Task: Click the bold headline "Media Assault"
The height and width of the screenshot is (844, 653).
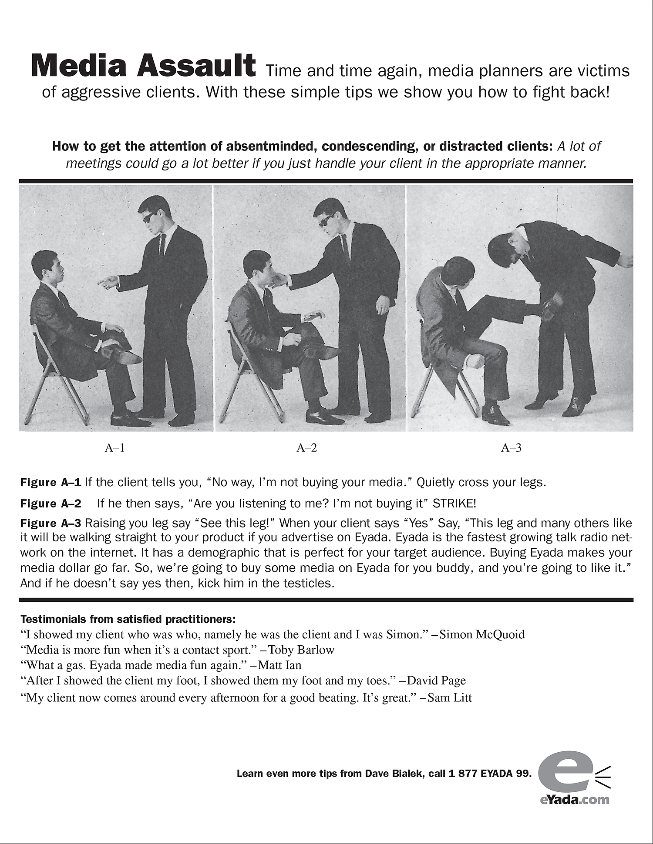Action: point(143,66)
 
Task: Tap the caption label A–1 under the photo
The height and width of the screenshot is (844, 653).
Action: point(115,448)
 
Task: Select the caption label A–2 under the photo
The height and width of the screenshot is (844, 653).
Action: point(307,448)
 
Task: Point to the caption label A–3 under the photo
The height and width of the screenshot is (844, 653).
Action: point(511,448)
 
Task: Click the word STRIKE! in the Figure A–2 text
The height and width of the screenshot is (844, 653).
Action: point(454,504)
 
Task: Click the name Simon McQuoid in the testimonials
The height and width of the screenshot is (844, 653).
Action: point(482,634)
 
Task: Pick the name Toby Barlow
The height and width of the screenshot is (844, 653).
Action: point(301,650)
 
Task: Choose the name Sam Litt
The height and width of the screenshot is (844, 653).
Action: point(450,698)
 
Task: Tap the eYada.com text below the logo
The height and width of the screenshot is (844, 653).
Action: point(575,800)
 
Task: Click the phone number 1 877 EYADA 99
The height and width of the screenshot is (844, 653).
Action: point(489,774)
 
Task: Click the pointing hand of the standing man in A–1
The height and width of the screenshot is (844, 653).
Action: point(107,282)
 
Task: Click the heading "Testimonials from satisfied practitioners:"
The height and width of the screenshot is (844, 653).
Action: point(128,619)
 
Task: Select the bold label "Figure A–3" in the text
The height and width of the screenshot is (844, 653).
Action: point(51,523)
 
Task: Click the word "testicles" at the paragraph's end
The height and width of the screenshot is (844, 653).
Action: point(307,583)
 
